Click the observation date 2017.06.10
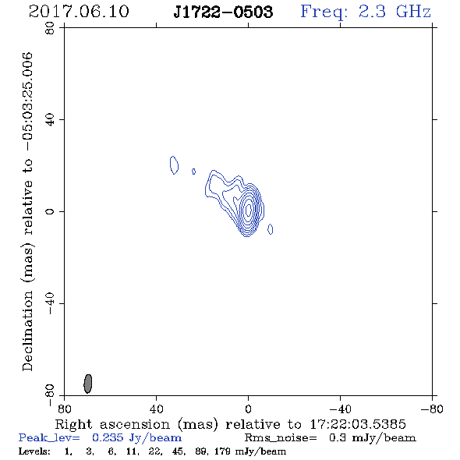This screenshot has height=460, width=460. [79, 12]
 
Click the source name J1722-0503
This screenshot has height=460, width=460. [223, 12]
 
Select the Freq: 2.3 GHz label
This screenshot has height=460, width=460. [366, 12]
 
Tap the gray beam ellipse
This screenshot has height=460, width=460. [88, 384]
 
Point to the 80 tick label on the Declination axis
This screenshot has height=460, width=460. [50, 28]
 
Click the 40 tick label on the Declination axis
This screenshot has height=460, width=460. [50, 120]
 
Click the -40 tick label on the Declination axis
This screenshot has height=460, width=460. [50, 303]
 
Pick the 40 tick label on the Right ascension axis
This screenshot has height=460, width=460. [156, 409]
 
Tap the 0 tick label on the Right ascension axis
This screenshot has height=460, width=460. [248, 409]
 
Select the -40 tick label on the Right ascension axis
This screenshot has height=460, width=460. [340, 409]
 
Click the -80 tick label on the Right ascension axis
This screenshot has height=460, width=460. [432, 409]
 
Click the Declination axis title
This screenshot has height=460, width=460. [27, 211]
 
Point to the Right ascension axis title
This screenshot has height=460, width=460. [231, 424]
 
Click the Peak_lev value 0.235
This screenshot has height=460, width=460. [108, 437]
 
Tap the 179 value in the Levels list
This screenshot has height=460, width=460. [222, 451]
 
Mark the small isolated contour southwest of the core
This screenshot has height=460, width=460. [271, 229]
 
